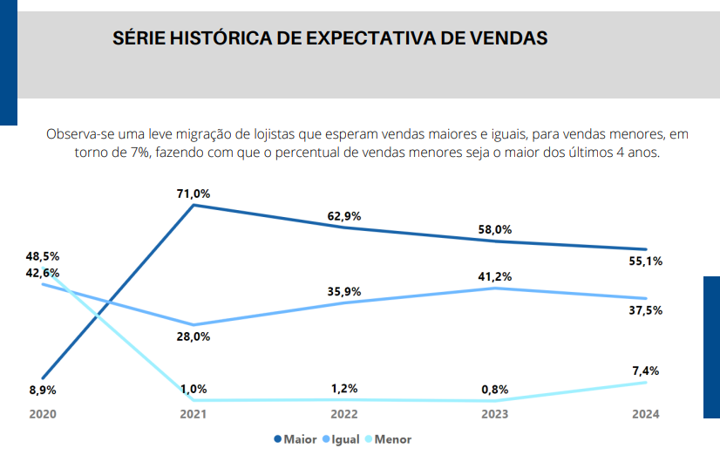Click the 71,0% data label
pyautogui.click(x=194, y=194)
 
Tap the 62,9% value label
pyautogui.click(x=345, y=216)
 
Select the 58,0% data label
pyautogui.click(x=495, y=230)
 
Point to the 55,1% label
pyautogui.click(x=645, y=261)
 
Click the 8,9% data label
pyautogui.click(x=42, y=390)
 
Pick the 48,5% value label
pyautogui.click(x=43, y=256)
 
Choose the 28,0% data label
pyautogui.click(x=194, y=337)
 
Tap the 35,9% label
pyautogui.click(x=345, y=291)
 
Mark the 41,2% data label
pyautogui.click(x=495, y=276)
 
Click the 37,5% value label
pyautogui.click(x=645, y=309)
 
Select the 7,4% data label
pyautogui.click(x=645, y=370)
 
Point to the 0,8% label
pyautogui.click(x=495, y=389)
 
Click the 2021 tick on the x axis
pyautogui.click(x=194, y=414)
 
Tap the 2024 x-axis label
pyautogui.click(x=645, y=414)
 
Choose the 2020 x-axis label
pyautogui.click(x=42, y=414)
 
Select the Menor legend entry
pyautogui.click(x=392, y=439)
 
